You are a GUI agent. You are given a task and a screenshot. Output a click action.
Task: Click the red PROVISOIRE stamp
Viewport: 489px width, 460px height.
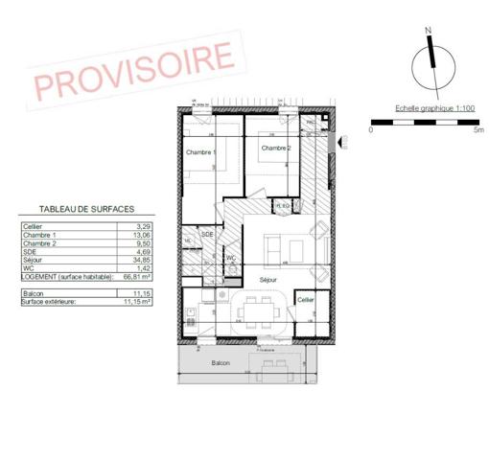pos(133,68)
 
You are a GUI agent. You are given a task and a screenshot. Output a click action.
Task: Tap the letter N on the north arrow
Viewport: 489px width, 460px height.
pos(431,31)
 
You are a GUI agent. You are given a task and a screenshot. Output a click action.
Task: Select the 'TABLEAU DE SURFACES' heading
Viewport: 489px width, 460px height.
pos(85,208)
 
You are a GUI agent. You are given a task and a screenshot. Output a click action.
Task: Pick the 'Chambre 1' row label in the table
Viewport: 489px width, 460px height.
pos(39,235)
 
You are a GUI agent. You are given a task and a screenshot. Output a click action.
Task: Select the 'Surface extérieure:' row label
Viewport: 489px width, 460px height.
pos(51,301)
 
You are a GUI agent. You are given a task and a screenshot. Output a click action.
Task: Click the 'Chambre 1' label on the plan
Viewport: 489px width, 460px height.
pos(200,152)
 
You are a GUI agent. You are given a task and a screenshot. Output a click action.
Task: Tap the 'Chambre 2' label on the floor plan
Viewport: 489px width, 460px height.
pos(276,148)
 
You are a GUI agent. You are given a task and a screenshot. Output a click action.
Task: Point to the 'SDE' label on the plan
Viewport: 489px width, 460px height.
pos(206,234)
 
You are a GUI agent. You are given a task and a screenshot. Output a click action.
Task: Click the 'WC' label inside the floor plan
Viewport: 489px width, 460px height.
pos(230,257)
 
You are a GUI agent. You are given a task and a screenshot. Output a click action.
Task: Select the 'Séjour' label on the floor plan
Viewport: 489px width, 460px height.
pos(268,280)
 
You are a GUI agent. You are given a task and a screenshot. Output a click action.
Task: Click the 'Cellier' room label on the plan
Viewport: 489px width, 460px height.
pos(305,300)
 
